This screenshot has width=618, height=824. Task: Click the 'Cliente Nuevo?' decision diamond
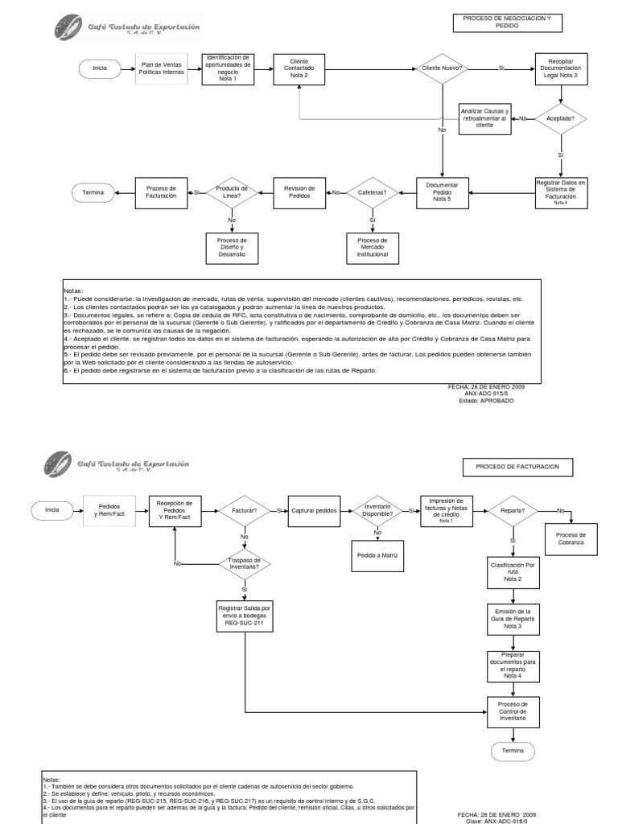pos(442,69)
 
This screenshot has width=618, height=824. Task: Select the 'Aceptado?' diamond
pos(561,117)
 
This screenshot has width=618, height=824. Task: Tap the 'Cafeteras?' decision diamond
pos(372,192)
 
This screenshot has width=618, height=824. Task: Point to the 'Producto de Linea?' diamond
pos(232,192)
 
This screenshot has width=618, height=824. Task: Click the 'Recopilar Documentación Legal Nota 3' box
pos(561,69)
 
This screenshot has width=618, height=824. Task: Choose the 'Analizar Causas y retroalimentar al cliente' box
pos(484,117)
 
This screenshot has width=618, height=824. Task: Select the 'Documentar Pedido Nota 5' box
pos(442,192)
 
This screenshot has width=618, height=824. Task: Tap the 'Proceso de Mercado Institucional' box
pos(372,247)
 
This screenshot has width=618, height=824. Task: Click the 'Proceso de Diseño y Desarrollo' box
pos(232,247)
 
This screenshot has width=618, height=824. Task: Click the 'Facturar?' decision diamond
pos(245,510)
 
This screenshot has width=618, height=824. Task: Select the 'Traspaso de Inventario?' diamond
pos(245,563)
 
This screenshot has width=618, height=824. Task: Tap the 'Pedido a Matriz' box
pos(377,556)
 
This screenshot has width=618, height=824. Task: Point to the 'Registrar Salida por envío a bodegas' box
pos(245,616)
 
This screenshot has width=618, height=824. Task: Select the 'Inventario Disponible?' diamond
pos(377,511)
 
